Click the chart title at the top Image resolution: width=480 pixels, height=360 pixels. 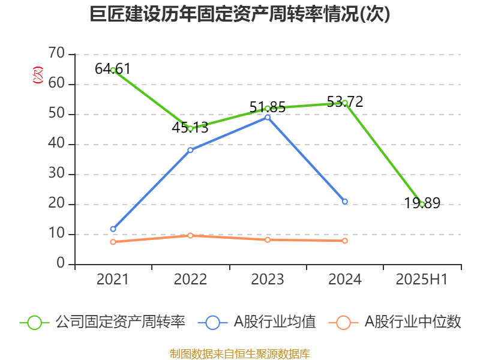[x=240, y=14]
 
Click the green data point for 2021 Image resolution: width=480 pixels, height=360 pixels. [x=113, y=70]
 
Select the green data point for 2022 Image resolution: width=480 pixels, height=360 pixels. [x=190, y=128]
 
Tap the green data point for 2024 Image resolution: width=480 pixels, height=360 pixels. [x=345, y=103]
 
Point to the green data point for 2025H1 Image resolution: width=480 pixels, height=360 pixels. [x=422, y=204]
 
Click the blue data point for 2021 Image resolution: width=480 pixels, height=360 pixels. [x=113, y=229]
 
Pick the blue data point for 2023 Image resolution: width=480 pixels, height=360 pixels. [x=268, y=117]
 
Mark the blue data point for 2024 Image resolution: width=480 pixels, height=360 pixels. [x=345, y=202]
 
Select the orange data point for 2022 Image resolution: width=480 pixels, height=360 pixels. [x=190, y=235]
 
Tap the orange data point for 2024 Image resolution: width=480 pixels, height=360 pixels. [x=345, y=241]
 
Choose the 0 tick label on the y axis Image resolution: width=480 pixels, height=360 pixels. [x=61, y=264]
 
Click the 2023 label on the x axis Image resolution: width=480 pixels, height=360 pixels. [x=268, y=280]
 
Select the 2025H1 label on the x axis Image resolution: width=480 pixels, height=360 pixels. [x=422, y=280]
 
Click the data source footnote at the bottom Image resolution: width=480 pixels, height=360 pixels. [x=240, y=353]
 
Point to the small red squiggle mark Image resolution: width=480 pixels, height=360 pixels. [x=38, y=76]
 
